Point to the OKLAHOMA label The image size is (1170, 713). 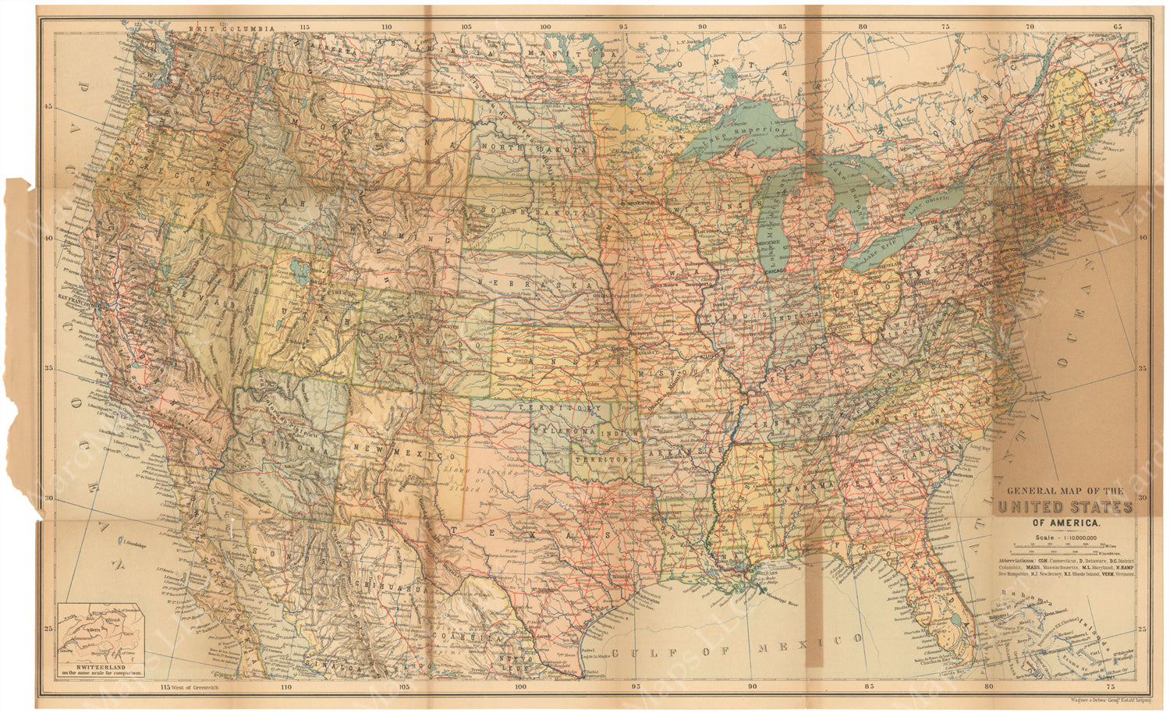tap(560, 431)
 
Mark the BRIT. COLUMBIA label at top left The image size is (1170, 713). tap(232, 28)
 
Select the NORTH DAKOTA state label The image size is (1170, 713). tap(533, 147)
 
